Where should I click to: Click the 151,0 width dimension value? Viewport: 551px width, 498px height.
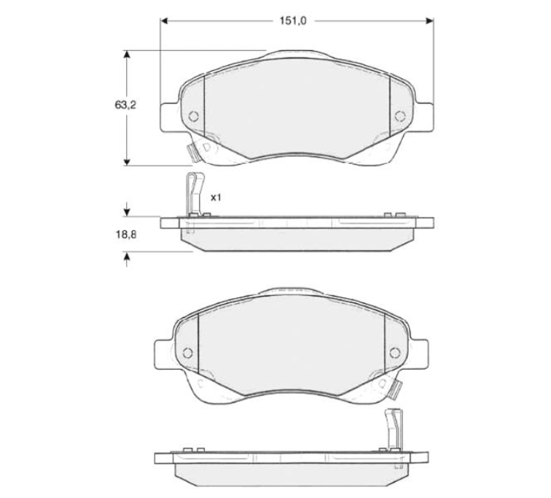[x=293, y=21]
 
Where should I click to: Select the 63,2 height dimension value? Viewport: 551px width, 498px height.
[x=125, y=105]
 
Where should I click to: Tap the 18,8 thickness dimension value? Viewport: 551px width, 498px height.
[x=126, y=235]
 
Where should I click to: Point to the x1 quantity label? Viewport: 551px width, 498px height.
[x=215, y=198]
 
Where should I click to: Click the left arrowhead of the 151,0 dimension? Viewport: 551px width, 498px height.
[x=164, y=21]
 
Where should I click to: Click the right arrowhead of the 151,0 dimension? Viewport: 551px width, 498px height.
[x=429, y=21]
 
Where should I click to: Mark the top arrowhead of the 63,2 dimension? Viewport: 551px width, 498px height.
[x=127, y=54]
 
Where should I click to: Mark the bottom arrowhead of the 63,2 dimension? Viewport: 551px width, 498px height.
[x=127, y=162]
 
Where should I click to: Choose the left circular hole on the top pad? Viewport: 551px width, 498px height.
[x=193, y=116]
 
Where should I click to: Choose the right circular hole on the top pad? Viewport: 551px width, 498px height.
[x=400, y=116]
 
